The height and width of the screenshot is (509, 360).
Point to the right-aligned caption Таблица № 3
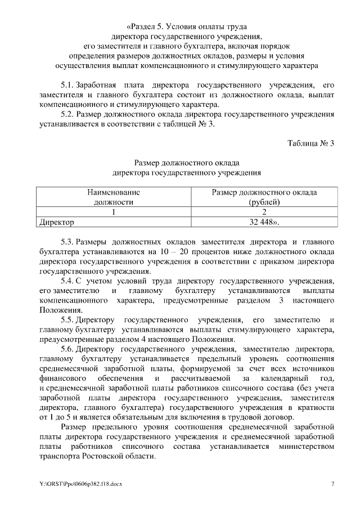pos(311,142)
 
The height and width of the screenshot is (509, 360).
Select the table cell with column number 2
pos(264,212)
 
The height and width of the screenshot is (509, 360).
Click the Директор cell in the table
pos(56,222)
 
